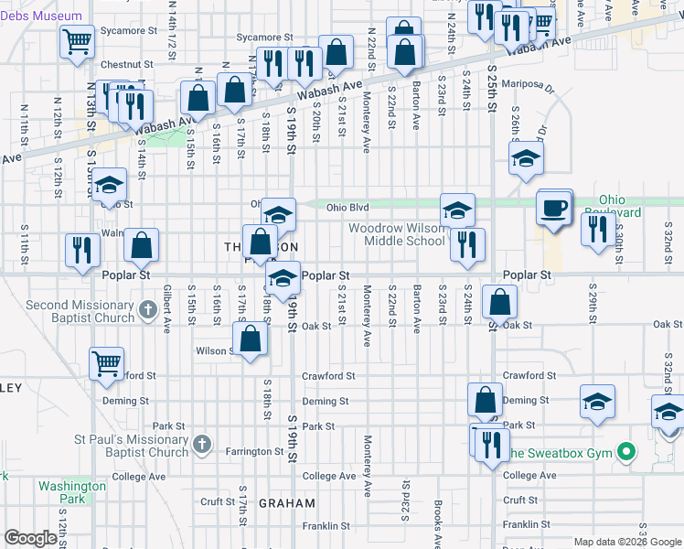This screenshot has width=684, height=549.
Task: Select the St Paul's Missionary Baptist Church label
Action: [x=130, y=446]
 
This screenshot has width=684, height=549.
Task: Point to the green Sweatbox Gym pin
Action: [x=625, y=452]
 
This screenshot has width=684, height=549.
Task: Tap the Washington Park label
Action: [x=72, y=492]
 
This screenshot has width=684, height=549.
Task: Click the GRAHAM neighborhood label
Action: [x=286, y=503]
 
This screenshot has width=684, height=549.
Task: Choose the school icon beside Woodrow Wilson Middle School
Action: [x=457, y=210]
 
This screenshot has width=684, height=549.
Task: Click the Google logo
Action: [x=31, y=538]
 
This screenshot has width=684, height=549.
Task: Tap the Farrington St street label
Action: [x=256, y=451]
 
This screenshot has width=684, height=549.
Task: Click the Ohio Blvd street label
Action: [x=347, y=208]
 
